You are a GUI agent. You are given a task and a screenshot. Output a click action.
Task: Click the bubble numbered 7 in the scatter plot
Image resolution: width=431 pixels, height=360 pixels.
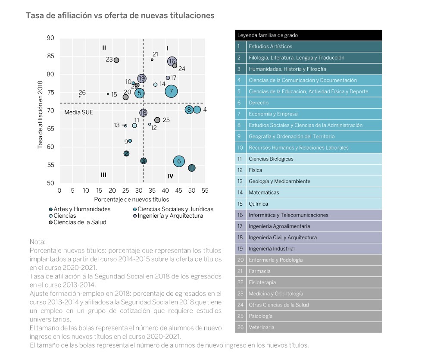171,91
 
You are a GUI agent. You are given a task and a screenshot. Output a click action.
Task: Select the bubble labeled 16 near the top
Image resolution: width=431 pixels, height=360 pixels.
172,62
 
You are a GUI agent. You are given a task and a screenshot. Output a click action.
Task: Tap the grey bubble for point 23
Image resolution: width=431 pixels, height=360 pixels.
116,60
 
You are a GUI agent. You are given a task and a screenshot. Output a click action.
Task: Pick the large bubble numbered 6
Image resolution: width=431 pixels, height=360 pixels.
179,161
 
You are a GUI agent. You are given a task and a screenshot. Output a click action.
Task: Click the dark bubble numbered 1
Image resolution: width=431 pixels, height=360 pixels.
192,168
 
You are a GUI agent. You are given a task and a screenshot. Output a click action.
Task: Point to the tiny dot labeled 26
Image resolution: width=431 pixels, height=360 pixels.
80,97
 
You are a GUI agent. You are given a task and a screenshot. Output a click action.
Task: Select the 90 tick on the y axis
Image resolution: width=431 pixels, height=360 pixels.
50,38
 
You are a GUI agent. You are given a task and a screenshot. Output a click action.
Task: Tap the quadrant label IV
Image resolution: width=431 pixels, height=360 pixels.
170,176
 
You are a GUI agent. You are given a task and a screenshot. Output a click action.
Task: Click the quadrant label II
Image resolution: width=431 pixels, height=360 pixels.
104,48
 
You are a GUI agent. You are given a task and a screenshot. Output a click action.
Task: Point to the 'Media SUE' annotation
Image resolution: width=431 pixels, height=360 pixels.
78,113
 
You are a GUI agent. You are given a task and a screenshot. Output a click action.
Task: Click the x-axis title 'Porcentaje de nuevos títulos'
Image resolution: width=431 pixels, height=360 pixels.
131,200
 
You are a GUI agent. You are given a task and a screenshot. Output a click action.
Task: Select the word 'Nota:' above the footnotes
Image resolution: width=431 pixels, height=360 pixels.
37,242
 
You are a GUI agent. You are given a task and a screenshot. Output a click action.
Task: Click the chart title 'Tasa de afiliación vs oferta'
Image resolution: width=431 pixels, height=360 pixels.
120,16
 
